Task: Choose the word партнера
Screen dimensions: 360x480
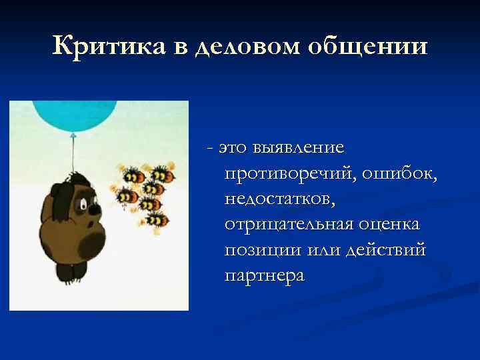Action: [x=265, y=275]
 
